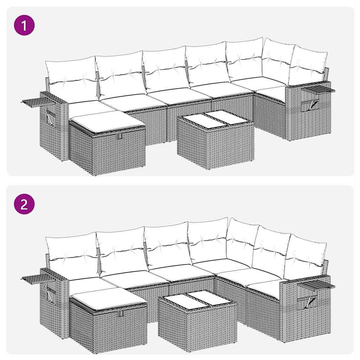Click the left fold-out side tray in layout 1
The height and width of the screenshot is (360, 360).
point(35,102)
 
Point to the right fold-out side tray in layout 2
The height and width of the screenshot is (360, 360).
point(316,284)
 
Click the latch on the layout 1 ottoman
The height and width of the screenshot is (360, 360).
point(120,136)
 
